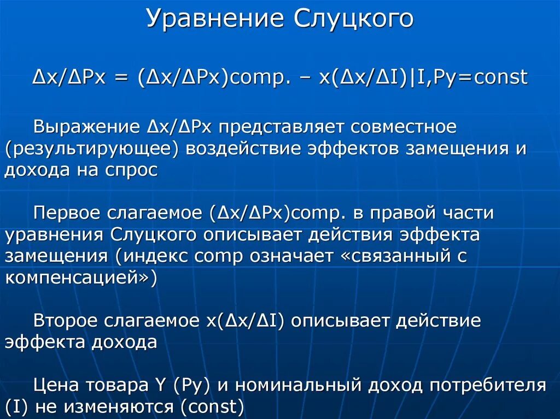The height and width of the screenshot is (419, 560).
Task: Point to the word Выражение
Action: [x=87, y=128]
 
